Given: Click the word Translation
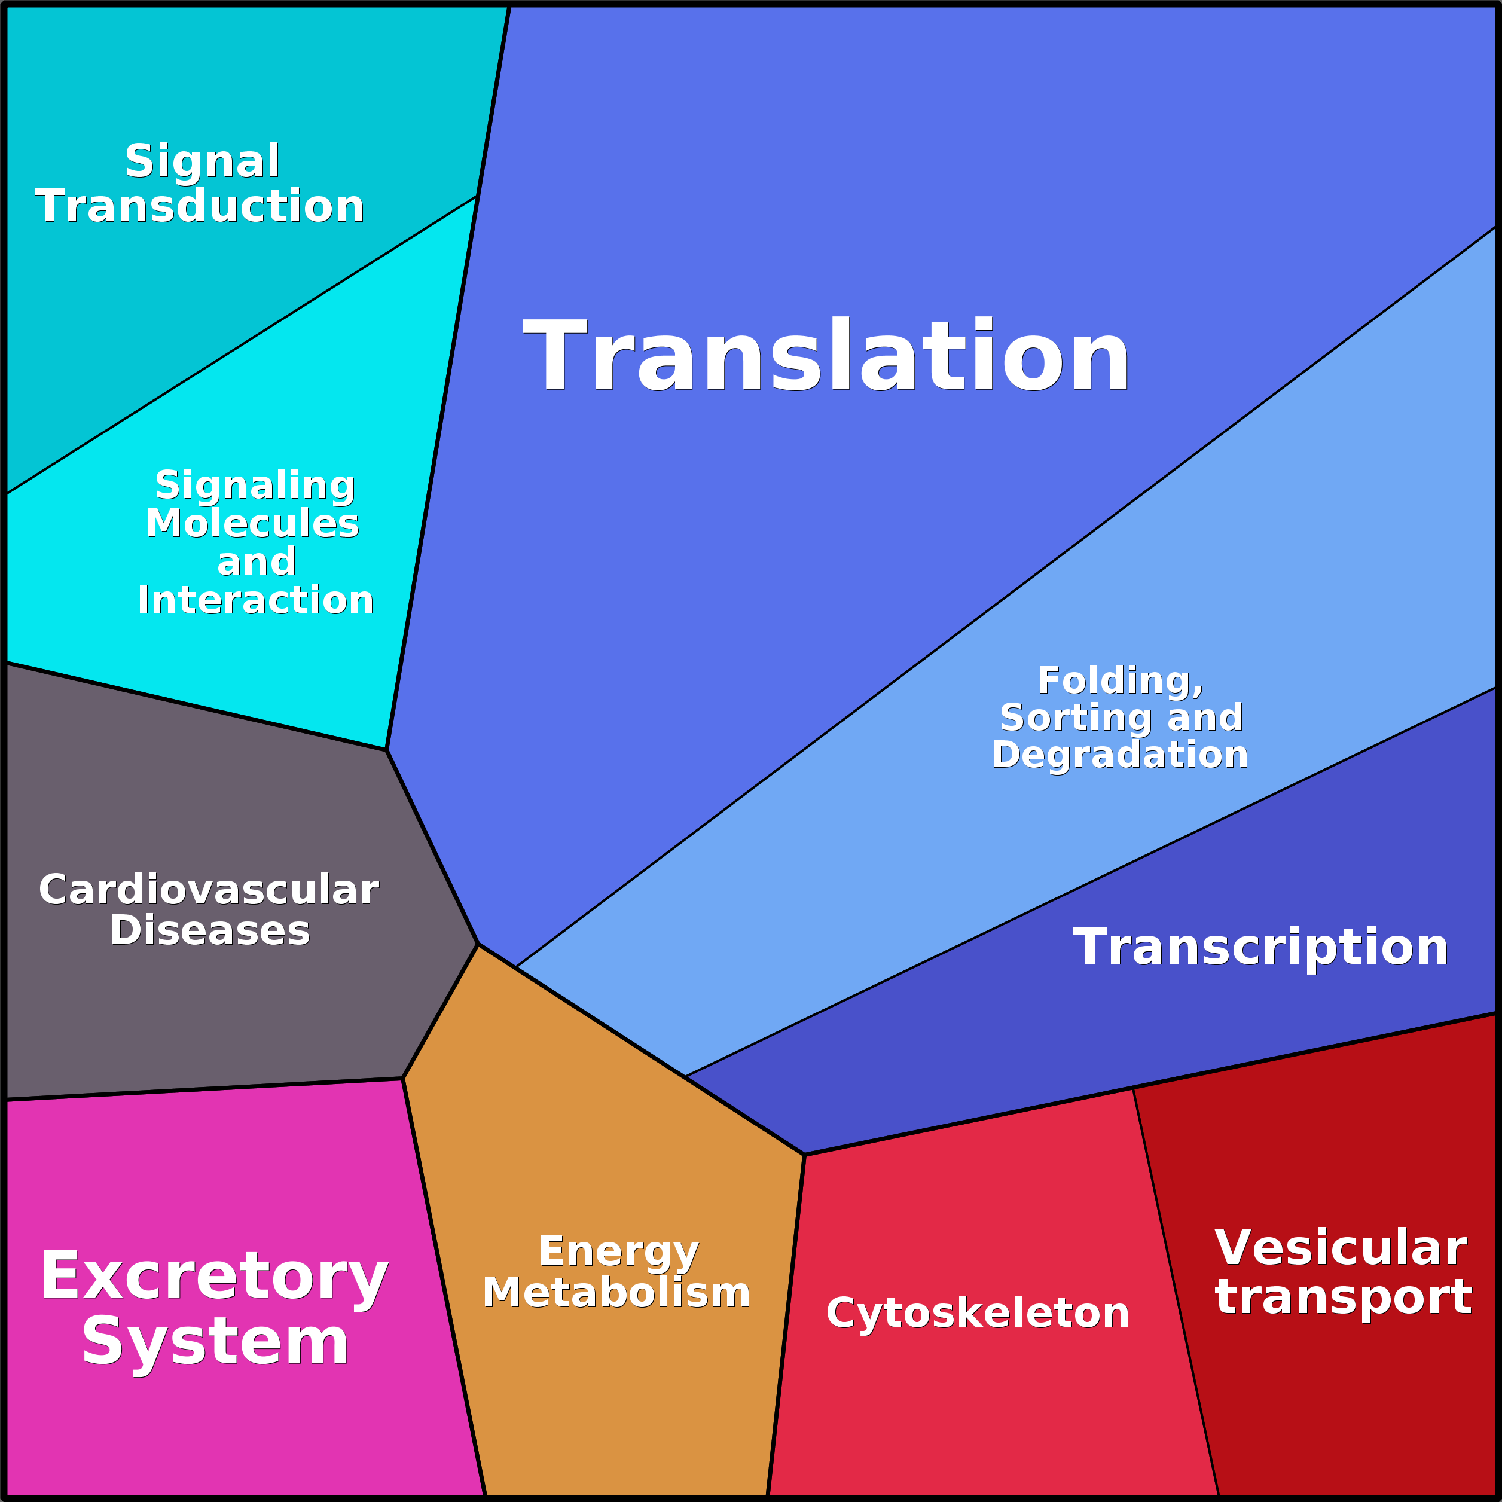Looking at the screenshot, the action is pyautogui.click(x=826, y=355).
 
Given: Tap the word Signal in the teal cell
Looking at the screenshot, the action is pyautogui.click(x=202, y=161).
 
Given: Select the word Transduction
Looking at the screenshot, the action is pyautogui.click(x=200, y=206).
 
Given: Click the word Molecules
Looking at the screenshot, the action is pyautogui.click(x=253, y=523).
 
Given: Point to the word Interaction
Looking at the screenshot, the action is pyautogui.click(x=256, y=600).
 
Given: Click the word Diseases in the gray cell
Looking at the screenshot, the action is pyautogui.click(x=210, y=930).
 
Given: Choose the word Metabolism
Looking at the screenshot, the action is pyautogui.click(x=616, y=1293).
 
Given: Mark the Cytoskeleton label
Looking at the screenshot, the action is pyautogui.click(x=977, y=1313).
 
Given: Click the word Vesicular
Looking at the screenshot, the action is pyautogui.click(x=1341, y=1248).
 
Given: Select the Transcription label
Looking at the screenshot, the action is pyautogui.click(x=1261, y=947).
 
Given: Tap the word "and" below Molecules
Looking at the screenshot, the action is pyautogui.click(x=257, y=561).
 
